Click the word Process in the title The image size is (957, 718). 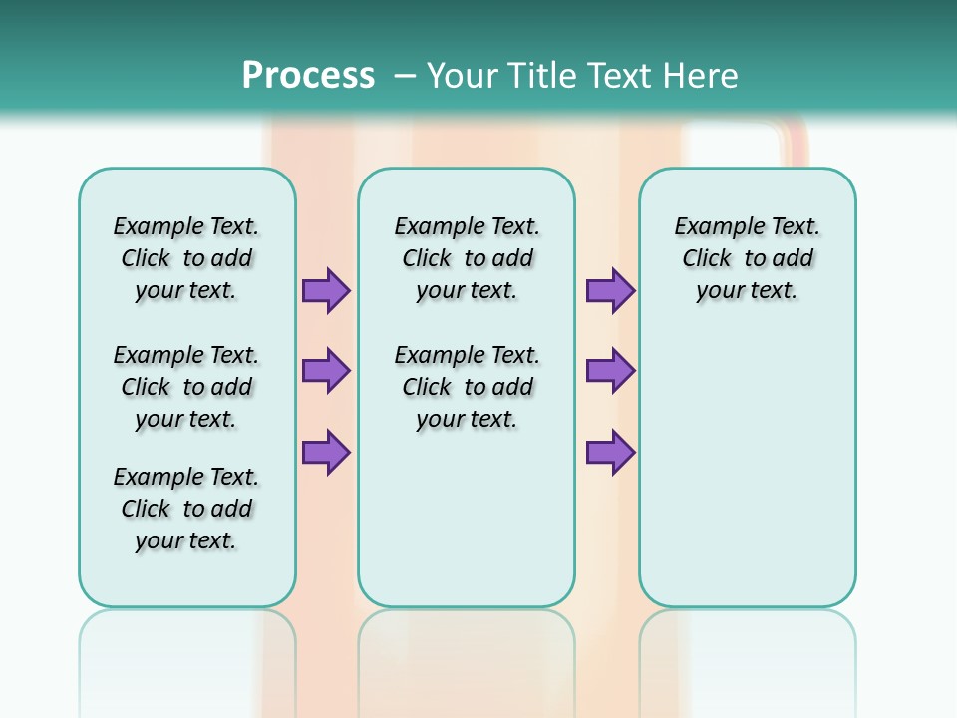[308, 75]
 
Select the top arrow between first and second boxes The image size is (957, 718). [326, 291]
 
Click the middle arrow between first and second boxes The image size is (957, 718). [326, 371]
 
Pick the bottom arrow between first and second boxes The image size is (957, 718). [326, 452]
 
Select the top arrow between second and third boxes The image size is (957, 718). [610, 291]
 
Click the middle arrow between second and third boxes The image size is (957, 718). [610, 371]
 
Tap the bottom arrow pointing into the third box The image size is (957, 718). [610, 452]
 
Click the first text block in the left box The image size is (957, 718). [186, 258]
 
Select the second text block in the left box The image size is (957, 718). [186, 387]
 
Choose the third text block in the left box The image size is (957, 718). [186, 509]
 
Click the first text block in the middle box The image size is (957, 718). [467, 258]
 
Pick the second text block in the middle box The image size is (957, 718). [467, 387]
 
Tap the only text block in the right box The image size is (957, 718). [747, 258]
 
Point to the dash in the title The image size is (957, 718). [405, 75]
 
